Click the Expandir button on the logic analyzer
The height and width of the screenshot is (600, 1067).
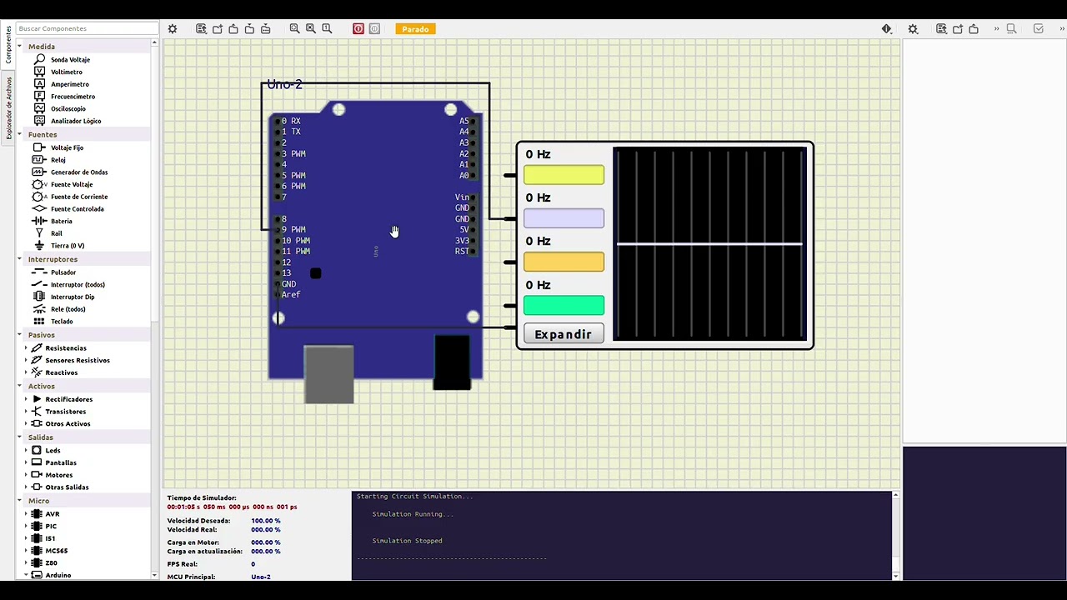(564, 334)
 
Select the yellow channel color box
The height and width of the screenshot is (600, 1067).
(564, 175)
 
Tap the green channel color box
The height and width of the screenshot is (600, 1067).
(564, 306)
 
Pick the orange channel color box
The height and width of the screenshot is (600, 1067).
(564, 262)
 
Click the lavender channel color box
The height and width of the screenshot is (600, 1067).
(564, 218)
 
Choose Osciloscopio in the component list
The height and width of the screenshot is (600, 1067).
(68, 108)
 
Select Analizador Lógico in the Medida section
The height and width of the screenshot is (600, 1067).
(75, 121)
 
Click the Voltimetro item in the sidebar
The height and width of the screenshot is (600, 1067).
(66, 72)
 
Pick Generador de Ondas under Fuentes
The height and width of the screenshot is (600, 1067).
(78, 172)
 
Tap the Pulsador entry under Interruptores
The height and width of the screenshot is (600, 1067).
(63, 272)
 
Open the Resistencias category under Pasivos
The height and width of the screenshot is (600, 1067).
(65, 347)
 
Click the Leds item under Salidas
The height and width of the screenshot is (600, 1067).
(53, 450)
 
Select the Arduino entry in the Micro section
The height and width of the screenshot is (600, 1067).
(58, 575)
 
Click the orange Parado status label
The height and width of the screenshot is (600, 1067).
(415, 29)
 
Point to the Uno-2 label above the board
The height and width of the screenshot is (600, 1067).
(284, 85)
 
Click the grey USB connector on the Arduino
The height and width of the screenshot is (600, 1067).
(328, 374)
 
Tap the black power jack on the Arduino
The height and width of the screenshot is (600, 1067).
(452, 362)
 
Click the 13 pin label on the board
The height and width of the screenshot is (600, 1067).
(287, 273)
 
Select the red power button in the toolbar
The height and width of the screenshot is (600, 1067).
(358, 29)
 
